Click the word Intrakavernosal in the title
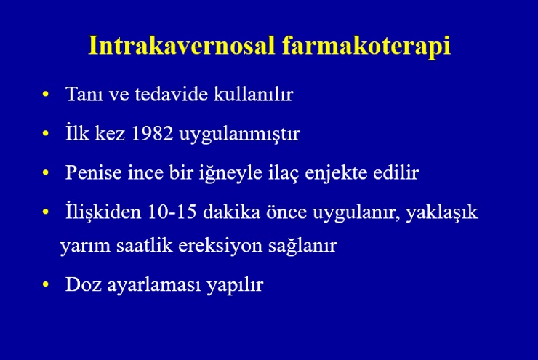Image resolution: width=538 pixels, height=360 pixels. pyautogui.click(x=182, y=45)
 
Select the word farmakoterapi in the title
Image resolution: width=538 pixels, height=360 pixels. pyautogui.click(x=366, y=46)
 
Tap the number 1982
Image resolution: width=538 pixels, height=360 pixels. pyautogui.click(x=152, y=133)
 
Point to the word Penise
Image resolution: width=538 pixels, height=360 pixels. pyautogui.click(x=94, y=172)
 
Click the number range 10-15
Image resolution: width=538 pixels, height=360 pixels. pyautogui.click(x=172, y=211)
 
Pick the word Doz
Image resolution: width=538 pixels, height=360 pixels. pyautogui.click(x=84, y=284)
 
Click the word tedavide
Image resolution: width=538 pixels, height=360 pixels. pyautogui.click(x=171, y=94)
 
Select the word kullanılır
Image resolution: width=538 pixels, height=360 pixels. pyautogui.click(x=253, y=94)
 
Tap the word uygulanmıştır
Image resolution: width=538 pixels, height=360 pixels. pyautogui.click(x=239, y=134)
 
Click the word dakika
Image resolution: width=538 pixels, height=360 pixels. pyautogui.click(x=232, y=211)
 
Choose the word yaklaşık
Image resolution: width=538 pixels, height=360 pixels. pyautogui.click(x=442, y=212)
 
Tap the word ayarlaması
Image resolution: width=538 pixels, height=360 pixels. pyautogui.click(x=153, y=285)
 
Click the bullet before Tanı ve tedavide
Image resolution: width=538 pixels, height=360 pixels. pyautogui.click(x=45, y=94)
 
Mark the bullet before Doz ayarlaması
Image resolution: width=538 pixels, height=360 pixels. pyautogui.click(x=45, y=284)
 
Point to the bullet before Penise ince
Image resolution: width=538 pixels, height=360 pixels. pyautogui.click(x=45, y=172)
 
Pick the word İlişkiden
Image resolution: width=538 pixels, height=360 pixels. pyautogui.click(x=103, y=211)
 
